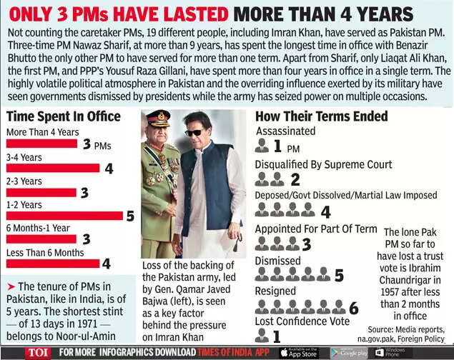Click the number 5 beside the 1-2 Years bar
[x=129, y=215]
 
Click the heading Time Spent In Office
[x=63, y=116]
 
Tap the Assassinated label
[x=285, y=131]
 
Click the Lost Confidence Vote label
[x=302, y=321]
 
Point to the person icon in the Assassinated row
[x=261, y=147]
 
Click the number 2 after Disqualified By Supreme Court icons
[x=295, y=180]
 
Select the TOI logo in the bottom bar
[x=37, y=352]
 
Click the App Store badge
[x=298, y=352]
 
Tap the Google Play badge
[x=348, y=352]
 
